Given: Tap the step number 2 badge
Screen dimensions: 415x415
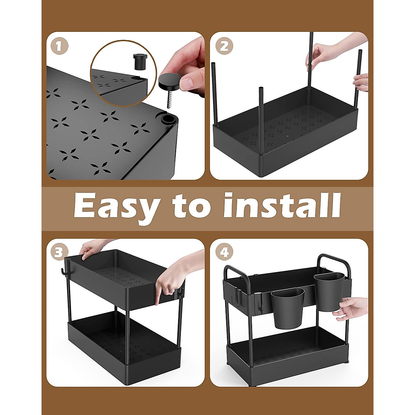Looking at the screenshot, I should click(224, 46).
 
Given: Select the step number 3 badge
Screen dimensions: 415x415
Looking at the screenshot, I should click(59, 252).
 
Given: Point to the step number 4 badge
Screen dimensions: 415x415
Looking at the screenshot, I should click(224, 252).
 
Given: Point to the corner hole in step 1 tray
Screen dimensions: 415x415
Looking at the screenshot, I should click(167, 120).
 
